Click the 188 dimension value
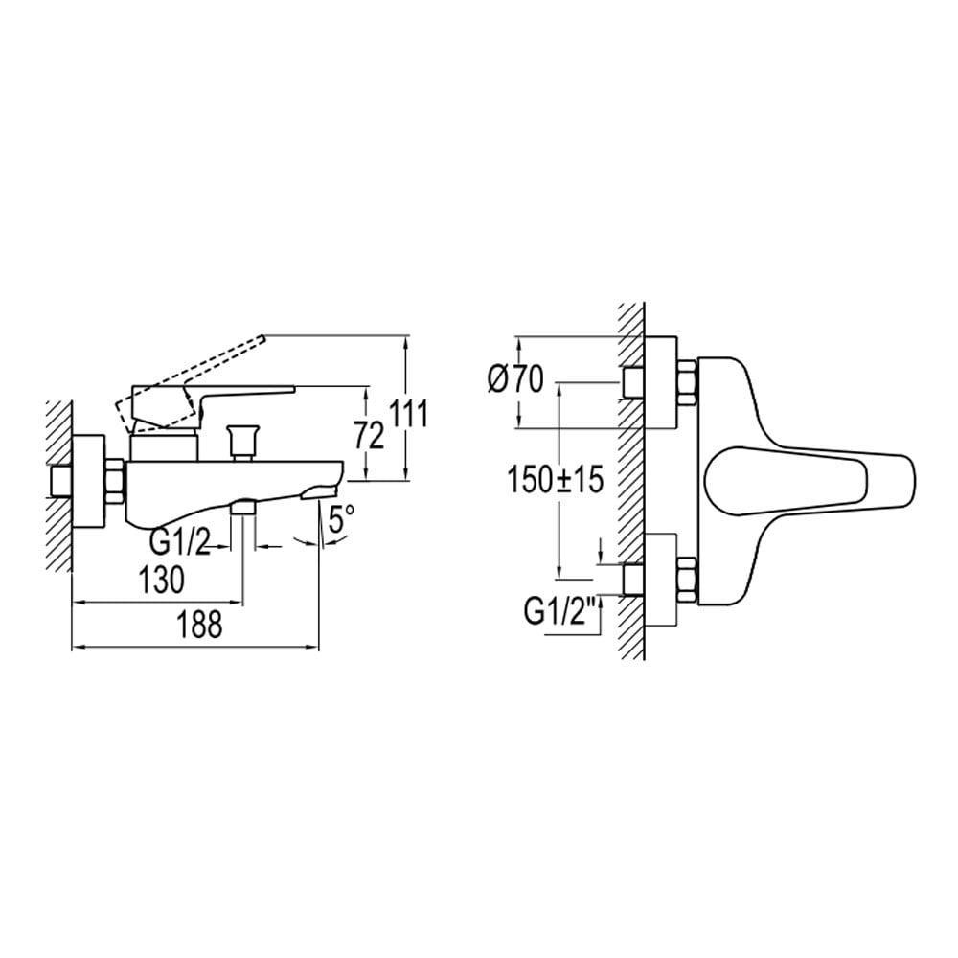[x=200, y=626]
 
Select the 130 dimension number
[x=161, y=580]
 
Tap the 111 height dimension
[x=409, y=415]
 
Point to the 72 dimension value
[x=369, y=436]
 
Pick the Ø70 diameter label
[x=515, y=380]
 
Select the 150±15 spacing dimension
[x=556, y=479]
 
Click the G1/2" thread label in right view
[x=559, y=612]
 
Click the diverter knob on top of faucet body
[x=241, y=442]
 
